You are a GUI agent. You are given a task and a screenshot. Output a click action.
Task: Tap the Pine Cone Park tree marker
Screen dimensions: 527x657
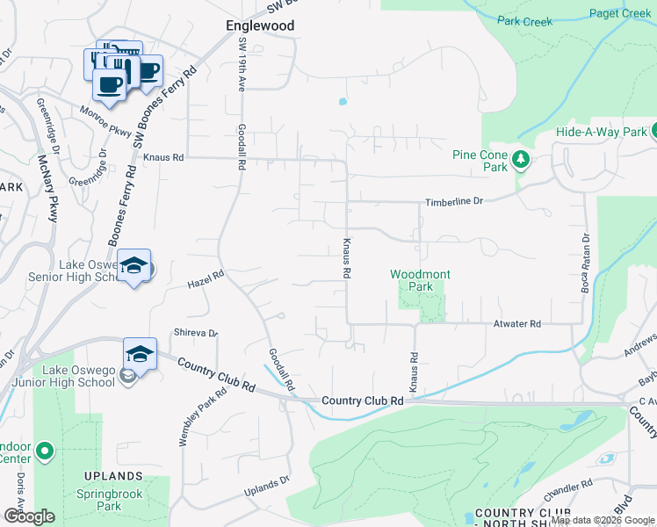[521, 159]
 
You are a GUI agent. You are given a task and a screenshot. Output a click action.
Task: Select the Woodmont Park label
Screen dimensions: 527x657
[420, 280]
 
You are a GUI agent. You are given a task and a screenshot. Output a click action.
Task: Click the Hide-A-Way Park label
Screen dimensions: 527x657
[600, 132]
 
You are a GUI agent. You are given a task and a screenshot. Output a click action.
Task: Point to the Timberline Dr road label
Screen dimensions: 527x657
[454, 201]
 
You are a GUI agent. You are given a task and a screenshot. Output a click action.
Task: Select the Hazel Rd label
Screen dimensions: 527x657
[206, 279]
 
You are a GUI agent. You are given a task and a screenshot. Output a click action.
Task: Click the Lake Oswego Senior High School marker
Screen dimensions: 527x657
[134, 265]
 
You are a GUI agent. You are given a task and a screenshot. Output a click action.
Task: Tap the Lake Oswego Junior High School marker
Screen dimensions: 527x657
[140, 354]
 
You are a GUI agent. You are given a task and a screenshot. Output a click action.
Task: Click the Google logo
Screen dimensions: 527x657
[28, 516]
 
